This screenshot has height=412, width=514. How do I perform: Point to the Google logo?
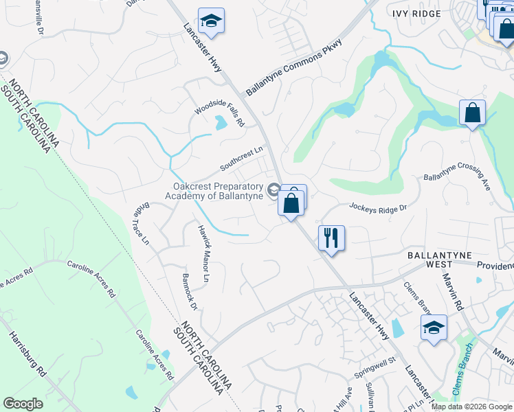(23, 404)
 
